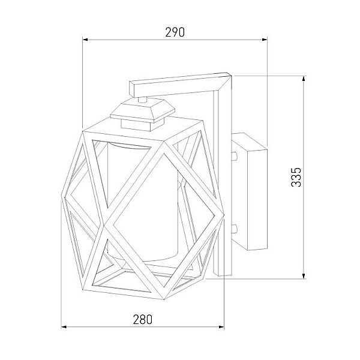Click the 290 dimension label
coord(175,32)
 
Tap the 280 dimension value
coord(143,319)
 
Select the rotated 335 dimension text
coord(296,177)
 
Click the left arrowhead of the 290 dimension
coord(85,40)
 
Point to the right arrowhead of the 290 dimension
coord(265,40)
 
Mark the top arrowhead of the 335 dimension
coord(304,79)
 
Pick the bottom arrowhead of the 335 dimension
coord(304,276)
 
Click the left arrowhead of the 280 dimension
coord(64,327)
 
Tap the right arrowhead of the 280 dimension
coord(221,327)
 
